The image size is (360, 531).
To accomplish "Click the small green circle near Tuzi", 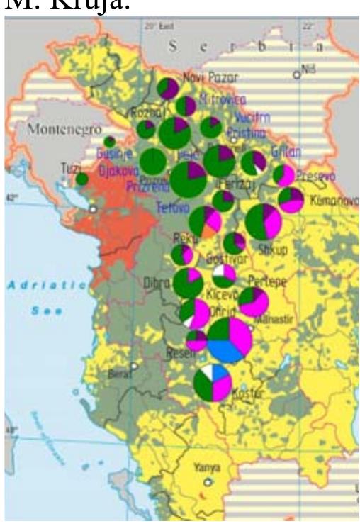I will (81, 179).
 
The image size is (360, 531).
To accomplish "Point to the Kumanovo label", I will (333, 201).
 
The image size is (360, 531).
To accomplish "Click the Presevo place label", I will (315, 174).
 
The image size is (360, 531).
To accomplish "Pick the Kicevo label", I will (218, 293).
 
